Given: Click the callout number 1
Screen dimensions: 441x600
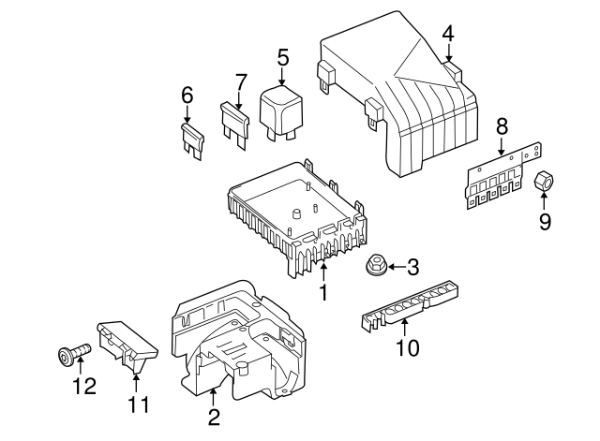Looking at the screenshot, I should tap(323, 292).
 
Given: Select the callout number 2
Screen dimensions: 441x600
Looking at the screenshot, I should tap(214, 416).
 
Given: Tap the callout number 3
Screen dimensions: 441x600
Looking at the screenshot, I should tap(413, 268).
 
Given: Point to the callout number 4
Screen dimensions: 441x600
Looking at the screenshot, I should tap(448, 34).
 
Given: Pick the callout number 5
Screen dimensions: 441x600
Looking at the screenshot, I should tap(282, 57).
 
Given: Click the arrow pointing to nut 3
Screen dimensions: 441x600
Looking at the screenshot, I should tap(394, 268).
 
